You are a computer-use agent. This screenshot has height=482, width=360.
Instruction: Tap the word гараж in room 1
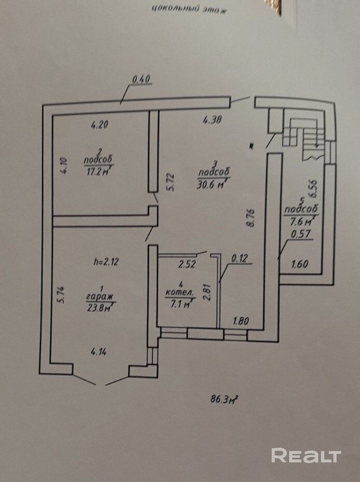click(99, 297)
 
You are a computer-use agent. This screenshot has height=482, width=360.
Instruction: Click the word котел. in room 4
click(179, 293)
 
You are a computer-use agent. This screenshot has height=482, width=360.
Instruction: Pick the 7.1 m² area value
click(179, 303)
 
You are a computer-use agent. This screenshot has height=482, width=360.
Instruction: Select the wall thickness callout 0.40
click(140, 79)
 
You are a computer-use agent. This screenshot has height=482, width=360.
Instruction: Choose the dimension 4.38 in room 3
click(212, 121)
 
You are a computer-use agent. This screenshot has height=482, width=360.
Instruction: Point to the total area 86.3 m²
click(223, 399)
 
